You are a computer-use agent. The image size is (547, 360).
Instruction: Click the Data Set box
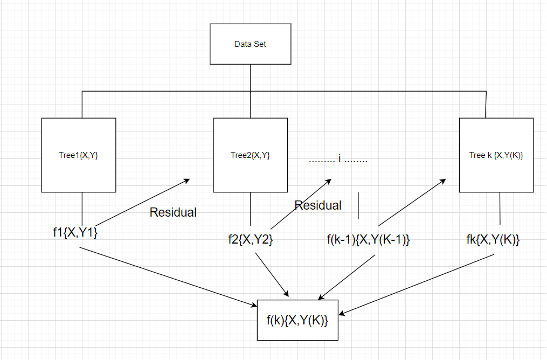[250, 44]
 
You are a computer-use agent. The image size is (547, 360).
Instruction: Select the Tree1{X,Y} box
[79, 155]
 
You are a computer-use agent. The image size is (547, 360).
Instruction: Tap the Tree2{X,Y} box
[251, 155]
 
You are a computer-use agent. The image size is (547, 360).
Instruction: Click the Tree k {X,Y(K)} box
[496, 155]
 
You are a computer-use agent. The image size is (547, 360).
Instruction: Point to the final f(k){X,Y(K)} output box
[297, 320]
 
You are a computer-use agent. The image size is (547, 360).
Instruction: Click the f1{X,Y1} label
[75, 233]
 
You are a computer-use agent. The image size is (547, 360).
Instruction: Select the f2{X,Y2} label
[251, 240]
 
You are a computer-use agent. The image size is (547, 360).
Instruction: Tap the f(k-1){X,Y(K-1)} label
[369, 240]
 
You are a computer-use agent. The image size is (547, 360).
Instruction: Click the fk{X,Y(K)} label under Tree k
[493, 240]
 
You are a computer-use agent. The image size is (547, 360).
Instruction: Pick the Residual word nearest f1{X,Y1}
[173, 212]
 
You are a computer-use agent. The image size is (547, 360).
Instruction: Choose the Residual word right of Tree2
[318, 205]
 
